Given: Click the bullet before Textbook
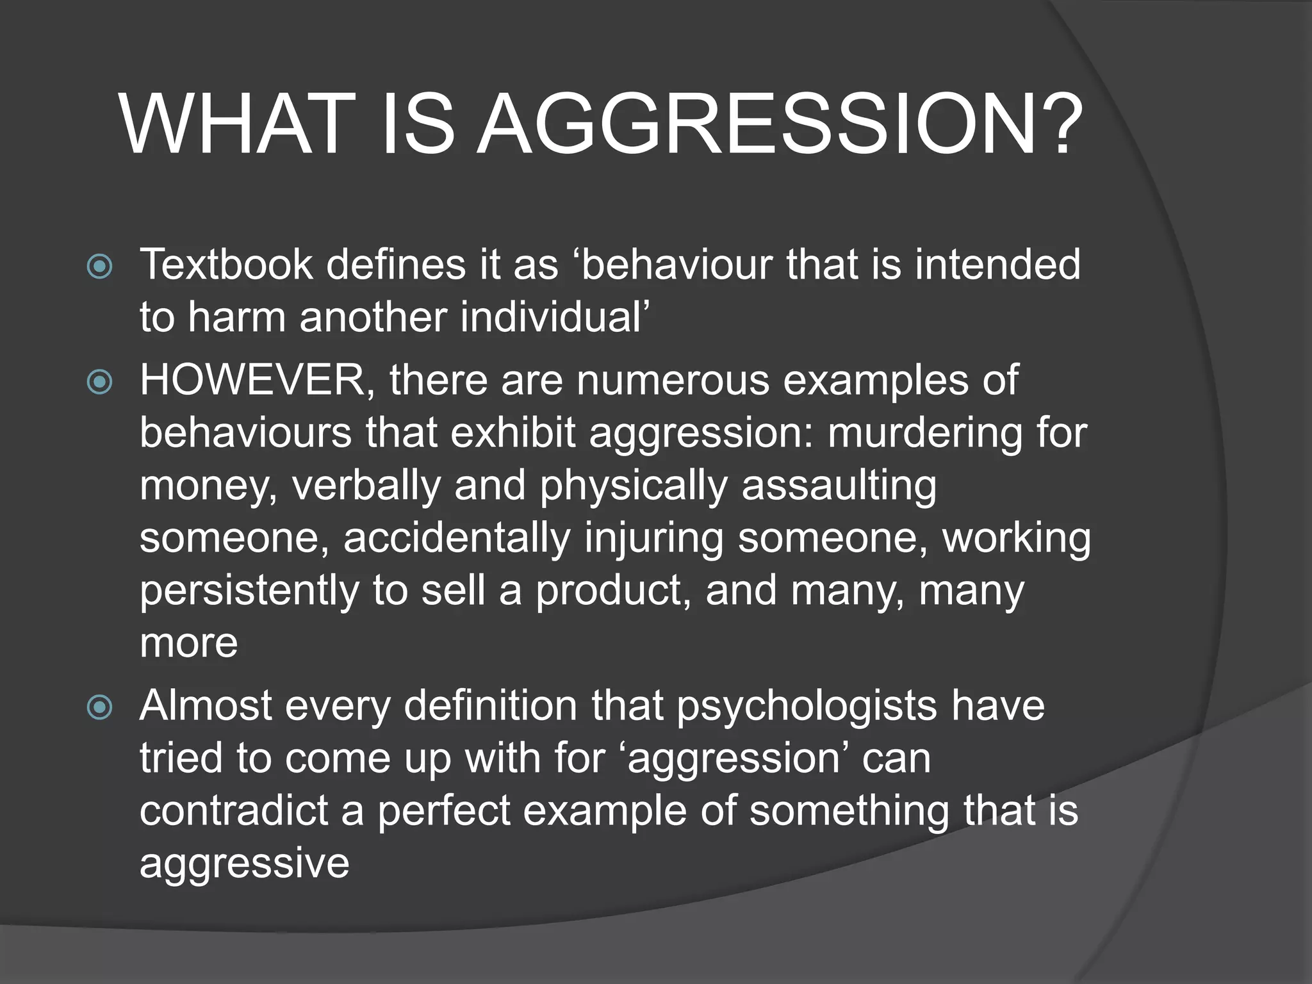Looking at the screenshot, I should [99, 266].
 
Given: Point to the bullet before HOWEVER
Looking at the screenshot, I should [99, 382].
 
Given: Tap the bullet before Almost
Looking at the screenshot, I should [99, 708].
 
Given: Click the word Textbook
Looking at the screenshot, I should [225, 265].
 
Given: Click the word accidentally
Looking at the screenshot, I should [456, 537].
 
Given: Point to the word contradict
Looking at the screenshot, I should [233, 810].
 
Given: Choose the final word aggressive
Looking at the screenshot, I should [244, 864].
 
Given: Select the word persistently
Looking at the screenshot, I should [249, 590].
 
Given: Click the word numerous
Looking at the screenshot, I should [673, 381].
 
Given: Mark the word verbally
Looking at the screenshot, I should [366, 486].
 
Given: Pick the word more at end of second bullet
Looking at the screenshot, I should [188, 643].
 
